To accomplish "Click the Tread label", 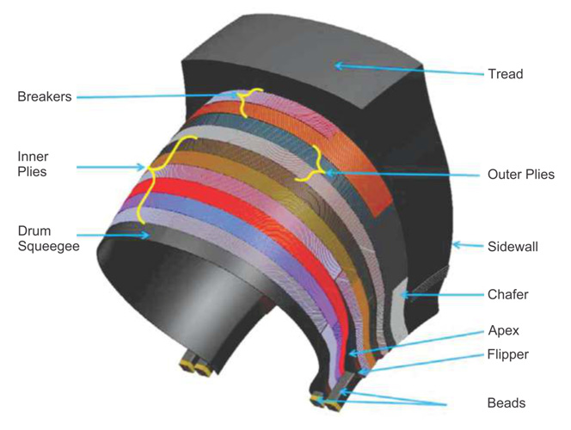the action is pyautogui.click(x=506, y=74).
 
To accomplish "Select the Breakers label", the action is pyautogui.click(x=45, y=96).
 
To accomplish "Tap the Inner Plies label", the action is pyautogui.click(x=33, y=164).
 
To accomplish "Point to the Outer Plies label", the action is pyautogui.click(x=521, y=175).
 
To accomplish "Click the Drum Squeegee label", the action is pyautogui.click(x=48, y=238).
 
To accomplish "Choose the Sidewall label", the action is pyautogui.click(x=513, y=247).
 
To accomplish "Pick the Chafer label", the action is pyautogui.click(x=507, y=294).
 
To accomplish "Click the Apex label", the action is pyautogui.click(x=504, y=330).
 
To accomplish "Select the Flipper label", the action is pyautogui.click(x=508, y=354).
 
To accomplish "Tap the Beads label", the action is pyautogui.click(x=507, y=403).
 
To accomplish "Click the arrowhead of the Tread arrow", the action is pyautogui.click(x=339, y=66).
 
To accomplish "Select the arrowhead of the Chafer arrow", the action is pyautogui.click(x=405, y=295).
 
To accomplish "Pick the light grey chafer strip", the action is pyautogui.click(x=400, y=310).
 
